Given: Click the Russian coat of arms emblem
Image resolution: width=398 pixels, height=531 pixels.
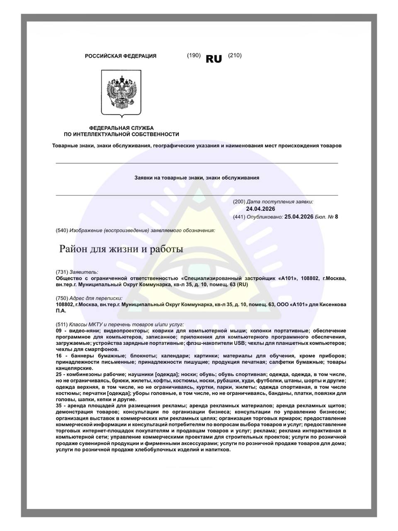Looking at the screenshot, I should click(121, 93).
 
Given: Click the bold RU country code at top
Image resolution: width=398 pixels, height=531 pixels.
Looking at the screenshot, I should click(214, 59).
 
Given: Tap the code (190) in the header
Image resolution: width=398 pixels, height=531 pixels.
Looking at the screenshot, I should click(194, 55).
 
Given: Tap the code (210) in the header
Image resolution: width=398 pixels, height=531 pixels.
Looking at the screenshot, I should click(235, 55).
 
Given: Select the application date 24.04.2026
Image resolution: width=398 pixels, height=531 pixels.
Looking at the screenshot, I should click(260, 209).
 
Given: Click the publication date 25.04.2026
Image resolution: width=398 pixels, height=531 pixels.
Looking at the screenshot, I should click(299, 217).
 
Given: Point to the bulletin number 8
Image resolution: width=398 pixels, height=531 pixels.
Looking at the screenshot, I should click(336, 217).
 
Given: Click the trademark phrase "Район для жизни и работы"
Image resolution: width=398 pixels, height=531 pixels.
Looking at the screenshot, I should click(121, 249).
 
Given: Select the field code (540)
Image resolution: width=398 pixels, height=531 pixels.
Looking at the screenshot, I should click(62, 230).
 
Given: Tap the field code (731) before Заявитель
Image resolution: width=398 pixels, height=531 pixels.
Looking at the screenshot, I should click(62, 272).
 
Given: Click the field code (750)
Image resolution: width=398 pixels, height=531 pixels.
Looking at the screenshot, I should click(62, 298).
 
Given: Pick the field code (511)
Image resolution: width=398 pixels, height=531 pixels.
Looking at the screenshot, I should click(62, 324).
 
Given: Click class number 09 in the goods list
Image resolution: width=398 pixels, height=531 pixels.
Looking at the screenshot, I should click(58, 331).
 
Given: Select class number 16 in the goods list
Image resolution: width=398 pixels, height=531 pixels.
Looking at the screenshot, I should click(58, 356).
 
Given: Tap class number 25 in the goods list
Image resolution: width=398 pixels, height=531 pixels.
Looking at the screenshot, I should click(58, 375).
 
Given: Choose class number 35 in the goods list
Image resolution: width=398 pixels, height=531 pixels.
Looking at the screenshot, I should click(58, 405).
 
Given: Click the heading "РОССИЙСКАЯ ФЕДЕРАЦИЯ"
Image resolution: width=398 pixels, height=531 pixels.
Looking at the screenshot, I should click(121, 56).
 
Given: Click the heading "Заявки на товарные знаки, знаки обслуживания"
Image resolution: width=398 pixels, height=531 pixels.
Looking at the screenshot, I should click(197, 178).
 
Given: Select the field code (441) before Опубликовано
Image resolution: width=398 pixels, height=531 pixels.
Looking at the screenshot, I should click(239, 217).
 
